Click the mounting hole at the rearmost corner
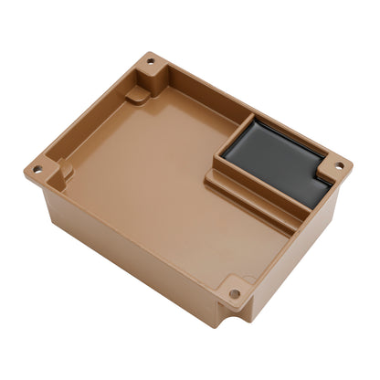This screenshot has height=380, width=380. click(x=151, y=61)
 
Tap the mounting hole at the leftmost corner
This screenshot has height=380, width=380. click(x=37, y=171)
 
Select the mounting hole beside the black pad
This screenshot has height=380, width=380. click(x=339, y=166)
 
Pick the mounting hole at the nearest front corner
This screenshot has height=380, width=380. click(x=235, y=294)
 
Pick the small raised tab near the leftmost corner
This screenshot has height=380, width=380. click(x=66, y=168)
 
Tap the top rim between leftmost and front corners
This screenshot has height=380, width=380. click(x=128, y=232)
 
